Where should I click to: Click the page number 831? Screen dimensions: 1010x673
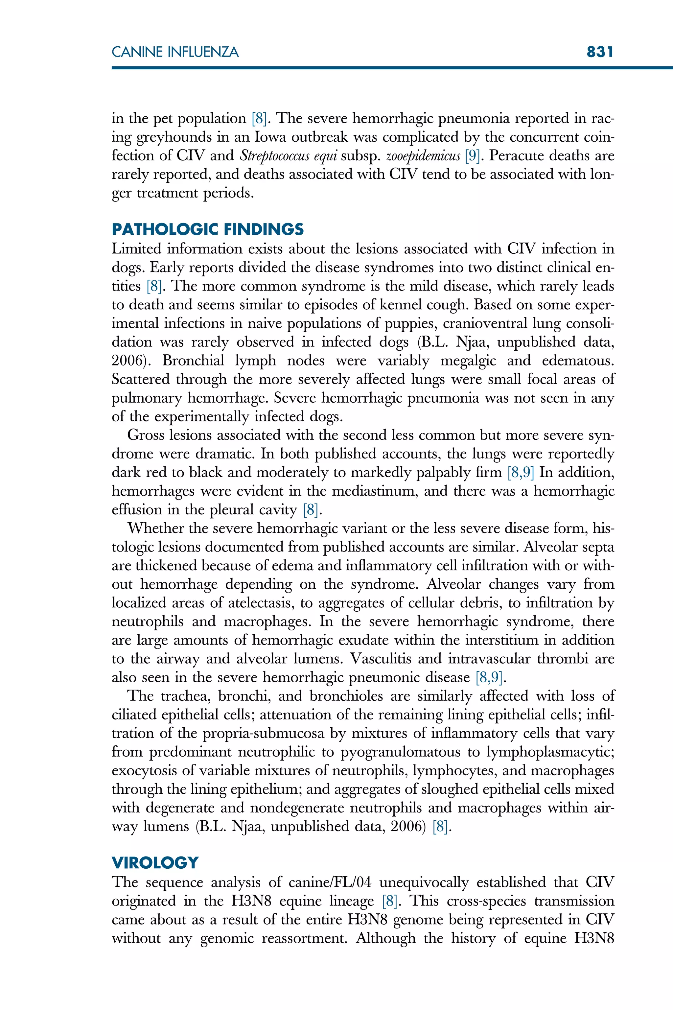[600, 52]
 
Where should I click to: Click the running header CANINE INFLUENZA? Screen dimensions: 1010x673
[175, 52]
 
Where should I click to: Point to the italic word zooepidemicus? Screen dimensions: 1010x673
[423, 156]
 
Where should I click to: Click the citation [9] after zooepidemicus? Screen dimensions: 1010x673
[473, 156]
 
